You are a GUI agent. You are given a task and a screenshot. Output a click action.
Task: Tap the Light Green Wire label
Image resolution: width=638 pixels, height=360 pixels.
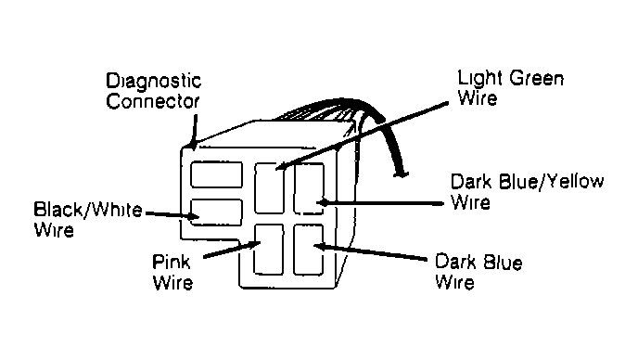510,87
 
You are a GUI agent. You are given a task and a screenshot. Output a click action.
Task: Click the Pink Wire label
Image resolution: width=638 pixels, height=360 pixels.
172,271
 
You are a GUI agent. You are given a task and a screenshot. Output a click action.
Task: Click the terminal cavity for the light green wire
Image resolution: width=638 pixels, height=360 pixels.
271,183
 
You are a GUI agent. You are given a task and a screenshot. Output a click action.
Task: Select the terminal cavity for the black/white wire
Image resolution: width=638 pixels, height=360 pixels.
215,212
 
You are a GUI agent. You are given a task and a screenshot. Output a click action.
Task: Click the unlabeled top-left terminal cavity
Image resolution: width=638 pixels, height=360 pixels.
215,174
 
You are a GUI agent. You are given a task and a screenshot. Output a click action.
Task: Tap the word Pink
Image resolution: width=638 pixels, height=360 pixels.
172,261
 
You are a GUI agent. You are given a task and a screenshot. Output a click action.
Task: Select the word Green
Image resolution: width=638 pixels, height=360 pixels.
532,78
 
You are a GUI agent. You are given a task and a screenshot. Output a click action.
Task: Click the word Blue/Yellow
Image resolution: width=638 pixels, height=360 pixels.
548,180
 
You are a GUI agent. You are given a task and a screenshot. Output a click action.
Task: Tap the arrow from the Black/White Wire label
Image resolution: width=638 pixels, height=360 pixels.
172,214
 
